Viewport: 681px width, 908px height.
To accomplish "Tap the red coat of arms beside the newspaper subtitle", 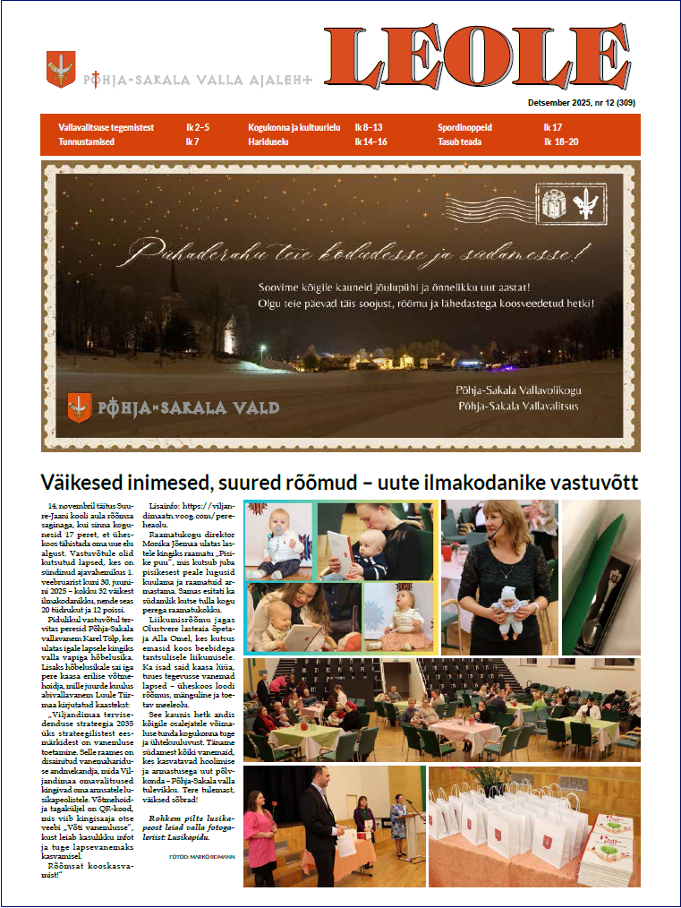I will [x=61, y=68].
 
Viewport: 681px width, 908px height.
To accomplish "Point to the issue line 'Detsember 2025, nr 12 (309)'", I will [x=581, y=103].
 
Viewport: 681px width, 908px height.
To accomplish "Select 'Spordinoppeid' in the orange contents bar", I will [x=464, y=128].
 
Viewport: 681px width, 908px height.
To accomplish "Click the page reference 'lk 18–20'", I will [x=561, y=141].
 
